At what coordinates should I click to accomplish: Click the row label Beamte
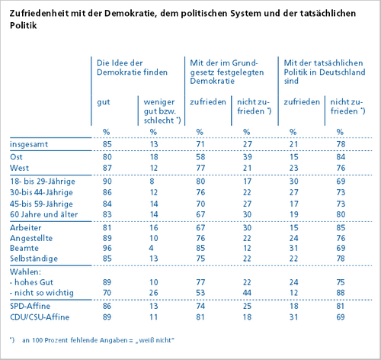coord(24,248)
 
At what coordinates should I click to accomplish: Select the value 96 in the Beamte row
coord(107,248)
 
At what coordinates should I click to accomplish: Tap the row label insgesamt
coord(29,144)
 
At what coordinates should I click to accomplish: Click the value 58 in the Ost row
coord(200,157)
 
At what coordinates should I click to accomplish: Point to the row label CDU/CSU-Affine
coord(40,317)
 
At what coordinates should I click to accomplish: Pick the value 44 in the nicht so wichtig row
coord(247,293)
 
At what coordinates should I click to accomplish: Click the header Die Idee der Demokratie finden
coord(132,68)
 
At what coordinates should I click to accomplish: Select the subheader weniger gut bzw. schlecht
coord(162,111)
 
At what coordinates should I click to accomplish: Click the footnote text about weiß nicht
coord(92,340)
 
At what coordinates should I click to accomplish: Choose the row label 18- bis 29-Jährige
coord(43,182)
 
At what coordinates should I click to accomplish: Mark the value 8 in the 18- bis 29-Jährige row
coord(152,182)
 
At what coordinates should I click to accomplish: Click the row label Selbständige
coord(34,259)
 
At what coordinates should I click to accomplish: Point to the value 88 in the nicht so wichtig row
coord(341,293)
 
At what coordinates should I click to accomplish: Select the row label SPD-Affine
coord(30,306)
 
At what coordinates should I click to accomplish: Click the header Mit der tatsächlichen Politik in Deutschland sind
coord(325,72)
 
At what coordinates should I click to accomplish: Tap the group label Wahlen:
coord(25,272)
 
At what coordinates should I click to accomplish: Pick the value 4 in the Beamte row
coord(152,248)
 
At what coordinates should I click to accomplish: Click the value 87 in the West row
coord(107,168)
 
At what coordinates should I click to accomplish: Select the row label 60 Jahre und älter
coord(44,214)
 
